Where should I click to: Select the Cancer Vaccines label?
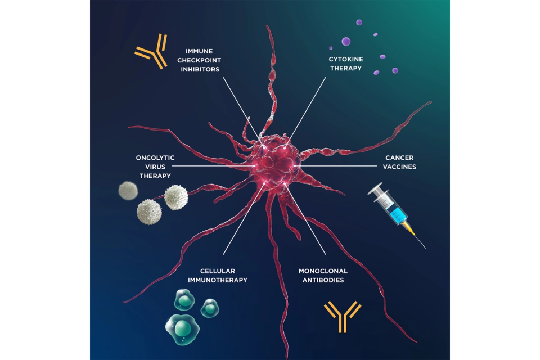tap(400, 162)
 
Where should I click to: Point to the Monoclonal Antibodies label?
tap(323, 275)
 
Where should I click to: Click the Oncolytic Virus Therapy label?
tap(154, 166)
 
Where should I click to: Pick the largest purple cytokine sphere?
tap(346, 41)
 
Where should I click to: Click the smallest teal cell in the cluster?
tap(210, 308)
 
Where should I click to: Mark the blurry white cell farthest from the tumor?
tap(128, 190)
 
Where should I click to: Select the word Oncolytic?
tap(154, 157)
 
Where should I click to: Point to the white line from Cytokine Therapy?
tap(307, 110)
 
